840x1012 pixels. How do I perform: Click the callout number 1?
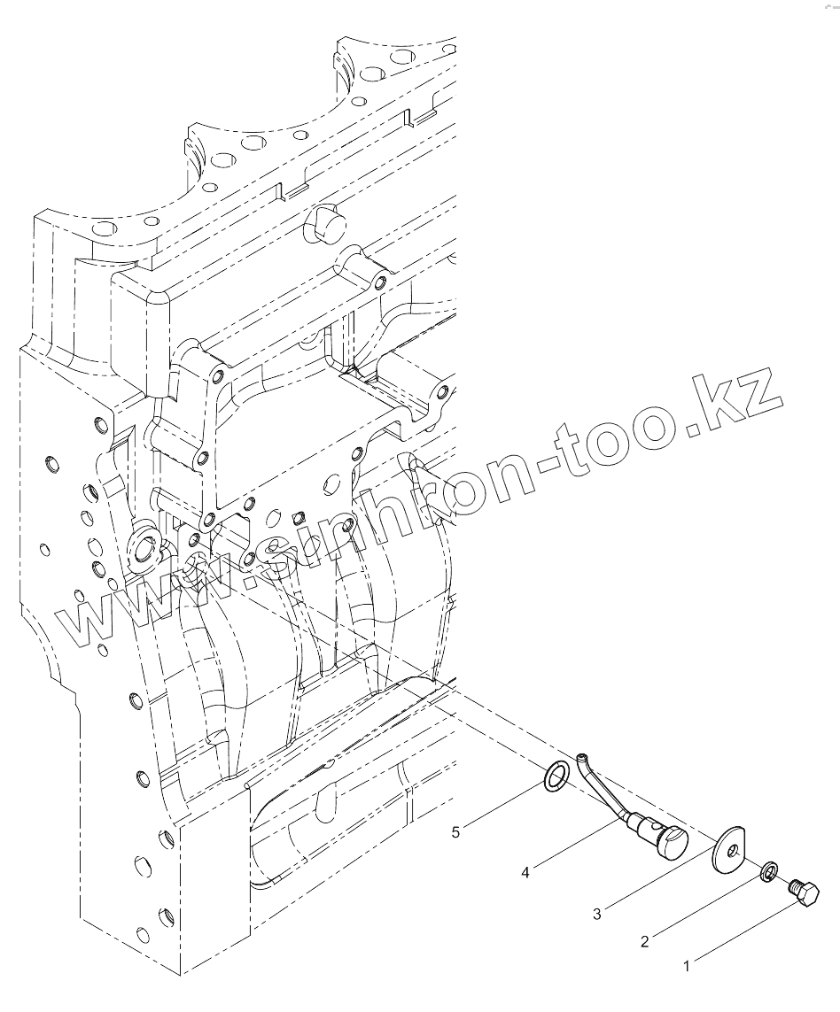tap(687, 968)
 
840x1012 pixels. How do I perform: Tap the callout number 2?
tap(644, 941)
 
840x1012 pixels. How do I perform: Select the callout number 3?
tap(597, 914)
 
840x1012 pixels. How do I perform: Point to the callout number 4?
tap(525, 873)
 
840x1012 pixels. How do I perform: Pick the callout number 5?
tap(456, 831)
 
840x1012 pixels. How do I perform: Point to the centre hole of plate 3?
tap(732, 852)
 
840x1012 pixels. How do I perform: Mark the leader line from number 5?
tap(505, 805)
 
